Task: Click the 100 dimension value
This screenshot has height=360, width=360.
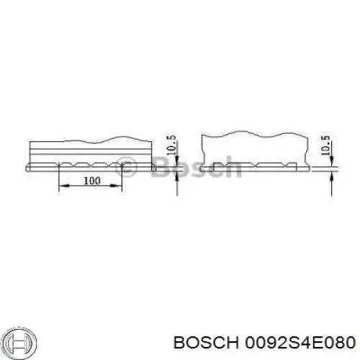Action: coord(91,181)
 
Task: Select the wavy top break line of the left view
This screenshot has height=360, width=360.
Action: coord(108,138)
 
